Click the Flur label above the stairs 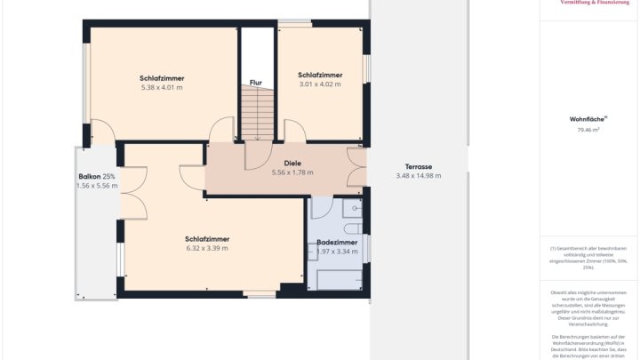click(x=255, y=83)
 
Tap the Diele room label click(x=292, y=163)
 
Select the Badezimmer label click(x=337, y=242)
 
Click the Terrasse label click(x=418, y=166)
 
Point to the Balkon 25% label click(x=97, y=177)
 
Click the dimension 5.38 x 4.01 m click(x=162, y=87)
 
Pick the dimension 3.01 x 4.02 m click(x=320, y=84)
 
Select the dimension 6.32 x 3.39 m click(x=207, y=248)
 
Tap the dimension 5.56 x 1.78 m click(x=292, y=172)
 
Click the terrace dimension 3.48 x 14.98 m click(x=418, y=175)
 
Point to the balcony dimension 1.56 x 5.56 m click(x=97, y=186)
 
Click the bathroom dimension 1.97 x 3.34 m click(x=337, y=251)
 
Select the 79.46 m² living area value click(x=588, y=130)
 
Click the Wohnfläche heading click(x=588, y=118)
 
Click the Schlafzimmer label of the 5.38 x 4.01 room click(x=162, y=77)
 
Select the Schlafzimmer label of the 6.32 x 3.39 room click(x=207, y=238)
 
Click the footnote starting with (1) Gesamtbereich click(x=588, y=257)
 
